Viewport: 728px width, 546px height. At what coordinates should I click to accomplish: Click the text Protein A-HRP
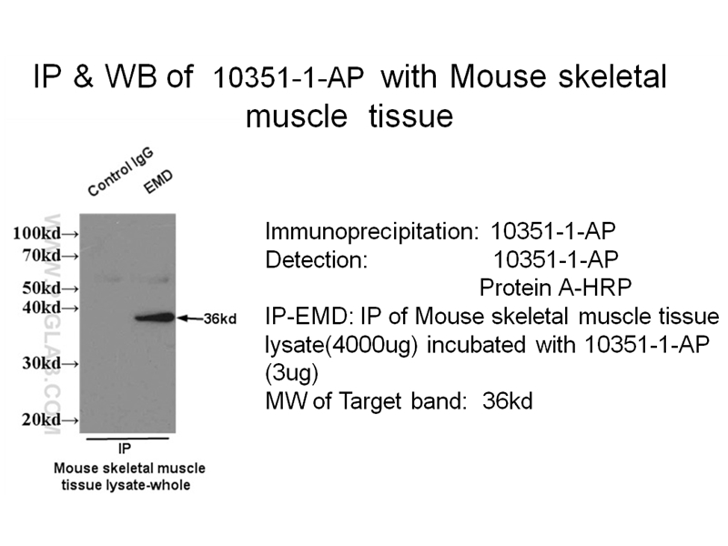point(555,288)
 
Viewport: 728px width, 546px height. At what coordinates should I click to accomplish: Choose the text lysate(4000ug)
point(331,346)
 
